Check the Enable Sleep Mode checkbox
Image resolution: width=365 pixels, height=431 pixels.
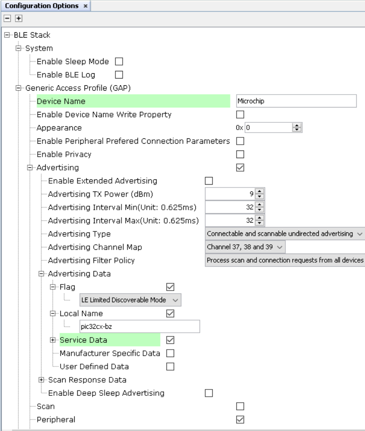pos(119,61)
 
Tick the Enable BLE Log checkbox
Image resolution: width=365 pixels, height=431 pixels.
pos(119,75)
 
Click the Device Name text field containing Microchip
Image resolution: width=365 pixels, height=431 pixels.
pos(296,101)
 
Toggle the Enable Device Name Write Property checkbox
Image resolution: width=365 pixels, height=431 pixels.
pos(240,114)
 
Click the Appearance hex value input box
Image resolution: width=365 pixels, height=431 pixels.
pos(269,128)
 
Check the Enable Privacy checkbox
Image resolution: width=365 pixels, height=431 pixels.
pos(240,154)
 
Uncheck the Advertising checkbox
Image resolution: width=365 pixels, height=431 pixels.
pos(240,167)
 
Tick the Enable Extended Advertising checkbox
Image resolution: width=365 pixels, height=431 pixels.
pos(209,181)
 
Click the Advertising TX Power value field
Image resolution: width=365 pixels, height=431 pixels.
pos(230,194)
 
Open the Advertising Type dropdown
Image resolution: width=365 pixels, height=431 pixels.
pos(285,234)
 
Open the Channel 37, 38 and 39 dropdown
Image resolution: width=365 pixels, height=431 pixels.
pos(245,247)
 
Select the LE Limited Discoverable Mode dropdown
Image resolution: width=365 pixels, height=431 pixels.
pos(130,300)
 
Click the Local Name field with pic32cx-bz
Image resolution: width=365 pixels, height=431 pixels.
pos(140,326)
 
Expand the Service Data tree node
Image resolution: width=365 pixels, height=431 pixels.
pos(53,340)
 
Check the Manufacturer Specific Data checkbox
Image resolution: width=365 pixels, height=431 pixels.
pos(170,353)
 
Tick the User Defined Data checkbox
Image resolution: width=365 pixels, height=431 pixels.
pos(170,366)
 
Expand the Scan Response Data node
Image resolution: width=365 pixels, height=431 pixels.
pos(41,380)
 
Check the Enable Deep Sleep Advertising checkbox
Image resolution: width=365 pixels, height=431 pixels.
pos(209,393)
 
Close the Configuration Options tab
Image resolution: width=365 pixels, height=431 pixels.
pos(85,6)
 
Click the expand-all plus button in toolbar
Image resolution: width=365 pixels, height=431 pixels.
pos(18,18)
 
